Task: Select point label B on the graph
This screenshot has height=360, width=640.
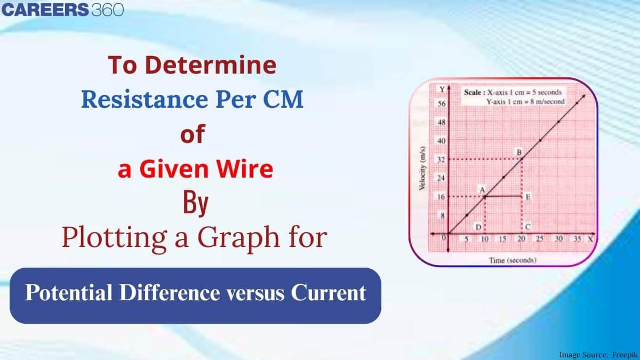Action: [518, 152]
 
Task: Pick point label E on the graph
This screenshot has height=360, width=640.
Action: [527, 197]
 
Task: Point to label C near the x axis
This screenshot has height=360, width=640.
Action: [527, 227]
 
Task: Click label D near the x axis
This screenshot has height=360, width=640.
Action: [479, 227]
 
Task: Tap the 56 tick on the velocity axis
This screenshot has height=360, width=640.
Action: [441, 103]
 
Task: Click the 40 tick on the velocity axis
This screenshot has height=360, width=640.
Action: [441, 141]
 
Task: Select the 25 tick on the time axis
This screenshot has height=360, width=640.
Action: [540, 239]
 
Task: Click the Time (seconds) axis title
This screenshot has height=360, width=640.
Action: [513, 260]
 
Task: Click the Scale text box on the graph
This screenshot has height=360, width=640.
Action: [512, 97]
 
